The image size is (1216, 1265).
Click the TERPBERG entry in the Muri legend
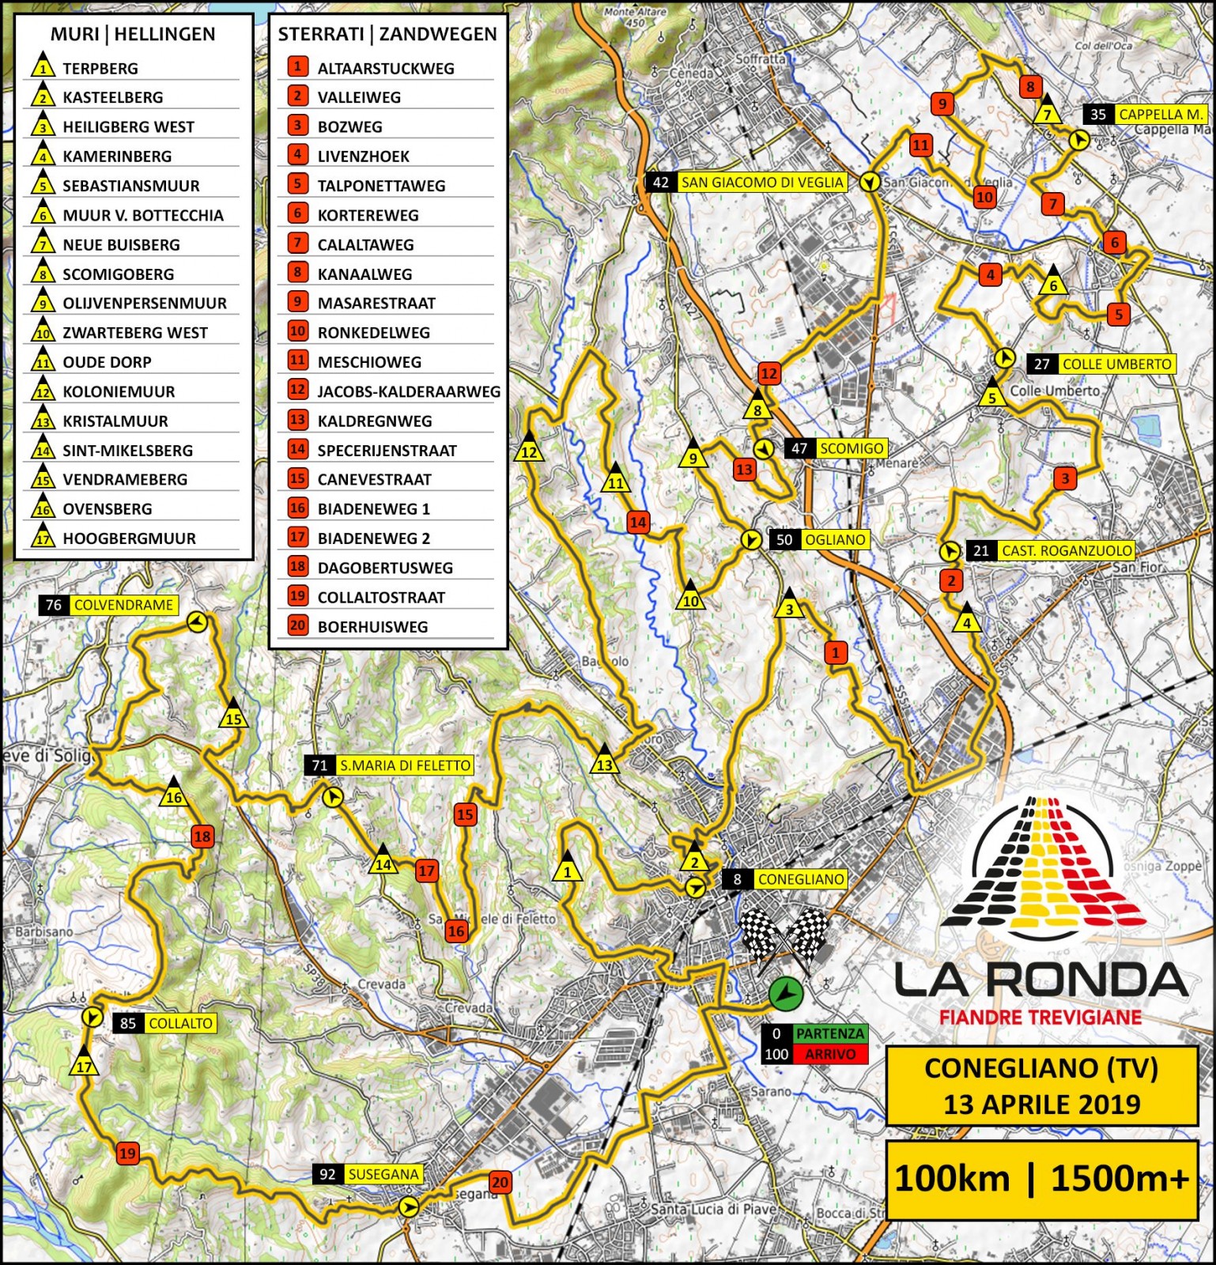point(100,68)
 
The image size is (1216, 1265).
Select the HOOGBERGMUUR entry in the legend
point(129,538)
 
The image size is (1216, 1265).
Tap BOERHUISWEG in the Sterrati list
point(372,627)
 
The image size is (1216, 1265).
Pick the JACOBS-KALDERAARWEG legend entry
point(409,391)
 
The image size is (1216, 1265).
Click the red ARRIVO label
point(829,1054)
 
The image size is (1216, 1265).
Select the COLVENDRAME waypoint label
point(123,606)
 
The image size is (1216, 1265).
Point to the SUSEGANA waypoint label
point(383,1175)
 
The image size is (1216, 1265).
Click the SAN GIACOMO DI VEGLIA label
point(762,183)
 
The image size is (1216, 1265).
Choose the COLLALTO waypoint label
point(180,1024)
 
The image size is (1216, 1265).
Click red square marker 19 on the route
point(127,1154)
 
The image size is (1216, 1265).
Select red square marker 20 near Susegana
point(500,1183)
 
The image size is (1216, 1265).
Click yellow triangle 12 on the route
point(528,450)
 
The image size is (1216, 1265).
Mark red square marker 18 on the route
point(202,836)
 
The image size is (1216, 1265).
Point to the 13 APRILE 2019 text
point(1041,1104)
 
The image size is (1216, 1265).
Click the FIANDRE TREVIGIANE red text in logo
point(1040,1017)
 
